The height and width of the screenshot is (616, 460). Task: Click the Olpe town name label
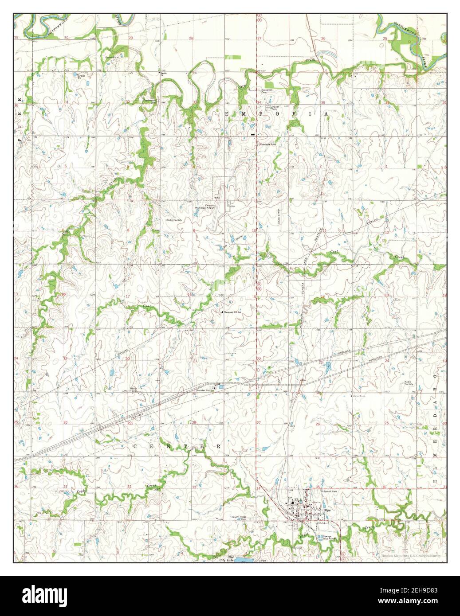pos(327,510)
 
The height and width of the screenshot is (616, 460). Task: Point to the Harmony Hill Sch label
pos(233,312)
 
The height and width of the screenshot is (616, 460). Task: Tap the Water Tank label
pos(358,396)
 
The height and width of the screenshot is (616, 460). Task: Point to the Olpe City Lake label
pos(227,558)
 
